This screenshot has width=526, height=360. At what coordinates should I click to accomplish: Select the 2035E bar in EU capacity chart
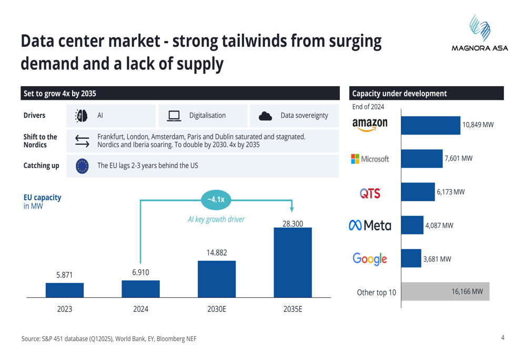292,263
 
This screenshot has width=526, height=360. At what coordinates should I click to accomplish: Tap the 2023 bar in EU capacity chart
65,290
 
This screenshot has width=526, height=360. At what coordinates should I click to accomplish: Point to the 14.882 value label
217,253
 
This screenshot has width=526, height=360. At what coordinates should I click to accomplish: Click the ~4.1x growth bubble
216,199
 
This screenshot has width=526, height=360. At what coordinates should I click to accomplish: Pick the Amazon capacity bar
430,125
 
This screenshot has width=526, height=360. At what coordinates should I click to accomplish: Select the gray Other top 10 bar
445,292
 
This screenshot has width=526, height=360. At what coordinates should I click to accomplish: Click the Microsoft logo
370,159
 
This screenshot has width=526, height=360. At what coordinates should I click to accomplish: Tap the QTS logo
370,193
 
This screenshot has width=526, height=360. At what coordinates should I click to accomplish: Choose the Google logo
370,259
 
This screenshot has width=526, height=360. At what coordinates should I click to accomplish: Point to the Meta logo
370,225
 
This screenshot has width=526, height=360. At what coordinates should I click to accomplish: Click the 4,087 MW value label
438,225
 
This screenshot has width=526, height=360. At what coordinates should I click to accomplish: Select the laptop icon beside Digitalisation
174,116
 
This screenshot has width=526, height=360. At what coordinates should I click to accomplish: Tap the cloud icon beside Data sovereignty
266,116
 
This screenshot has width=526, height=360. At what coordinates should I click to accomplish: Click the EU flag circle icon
82,166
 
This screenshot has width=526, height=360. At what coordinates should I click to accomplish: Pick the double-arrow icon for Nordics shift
82,140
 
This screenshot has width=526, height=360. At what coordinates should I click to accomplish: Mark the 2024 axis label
140,309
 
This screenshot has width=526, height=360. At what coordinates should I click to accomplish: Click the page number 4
502,338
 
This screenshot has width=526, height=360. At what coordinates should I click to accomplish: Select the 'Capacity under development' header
399,94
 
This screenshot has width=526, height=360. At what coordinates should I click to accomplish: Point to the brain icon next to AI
82,116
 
